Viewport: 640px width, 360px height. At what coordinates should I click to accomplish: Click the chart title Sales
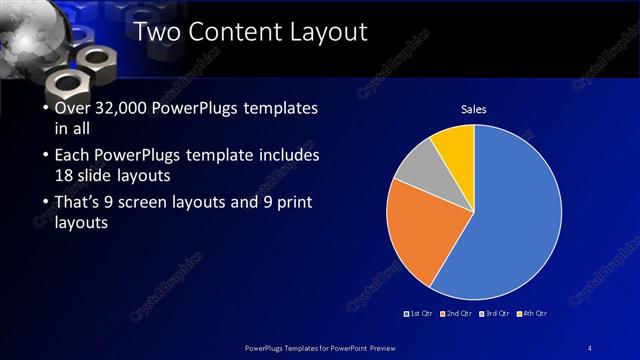[x=473, y=109]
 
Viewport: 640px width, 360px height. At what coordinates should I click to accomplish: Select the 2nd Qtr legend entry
[x=456, y=313]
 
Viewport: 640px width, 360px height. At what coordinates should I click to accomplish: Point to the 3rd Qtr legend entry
[x=496, y=313]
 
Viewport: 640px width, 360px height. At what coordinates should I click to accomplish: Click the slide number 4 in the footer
[x=590, y=346]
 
